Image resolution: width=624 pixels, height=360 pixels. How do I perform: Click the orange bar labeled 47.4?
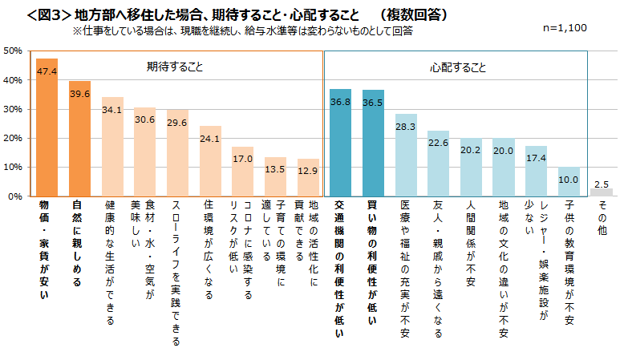coord(47,128)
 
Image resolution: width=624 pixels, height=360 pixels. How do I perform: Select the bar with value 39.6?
coord(79,140)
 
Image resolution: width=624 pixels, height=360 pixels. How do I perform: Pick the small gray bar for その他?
coord(602,192)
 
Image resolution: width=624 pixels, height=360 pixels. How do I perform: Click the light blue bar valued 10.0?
coord(569,182)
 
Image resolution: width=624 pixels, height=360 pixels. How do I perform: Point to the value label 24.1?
coord(210,138)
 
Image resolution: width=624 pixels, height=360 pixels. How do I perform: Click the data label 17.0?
coord(242,159)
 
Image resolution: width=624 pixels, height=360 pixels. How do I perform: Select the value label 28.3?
coord(406,126)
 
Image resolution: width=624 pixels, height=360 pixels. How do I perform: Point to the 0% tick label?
coord(14,196)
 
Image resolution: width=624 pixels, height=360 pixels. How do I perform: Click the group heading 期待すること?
coord(175,67)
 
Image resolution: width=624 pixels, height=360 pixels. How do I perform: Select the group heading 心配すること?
coord(456,67)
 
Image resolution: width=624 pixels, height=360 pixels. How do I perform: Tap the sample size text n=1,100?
coord(565,27)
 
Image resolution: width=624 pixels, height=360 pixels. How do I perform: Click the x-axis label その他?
coord(602,216)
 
